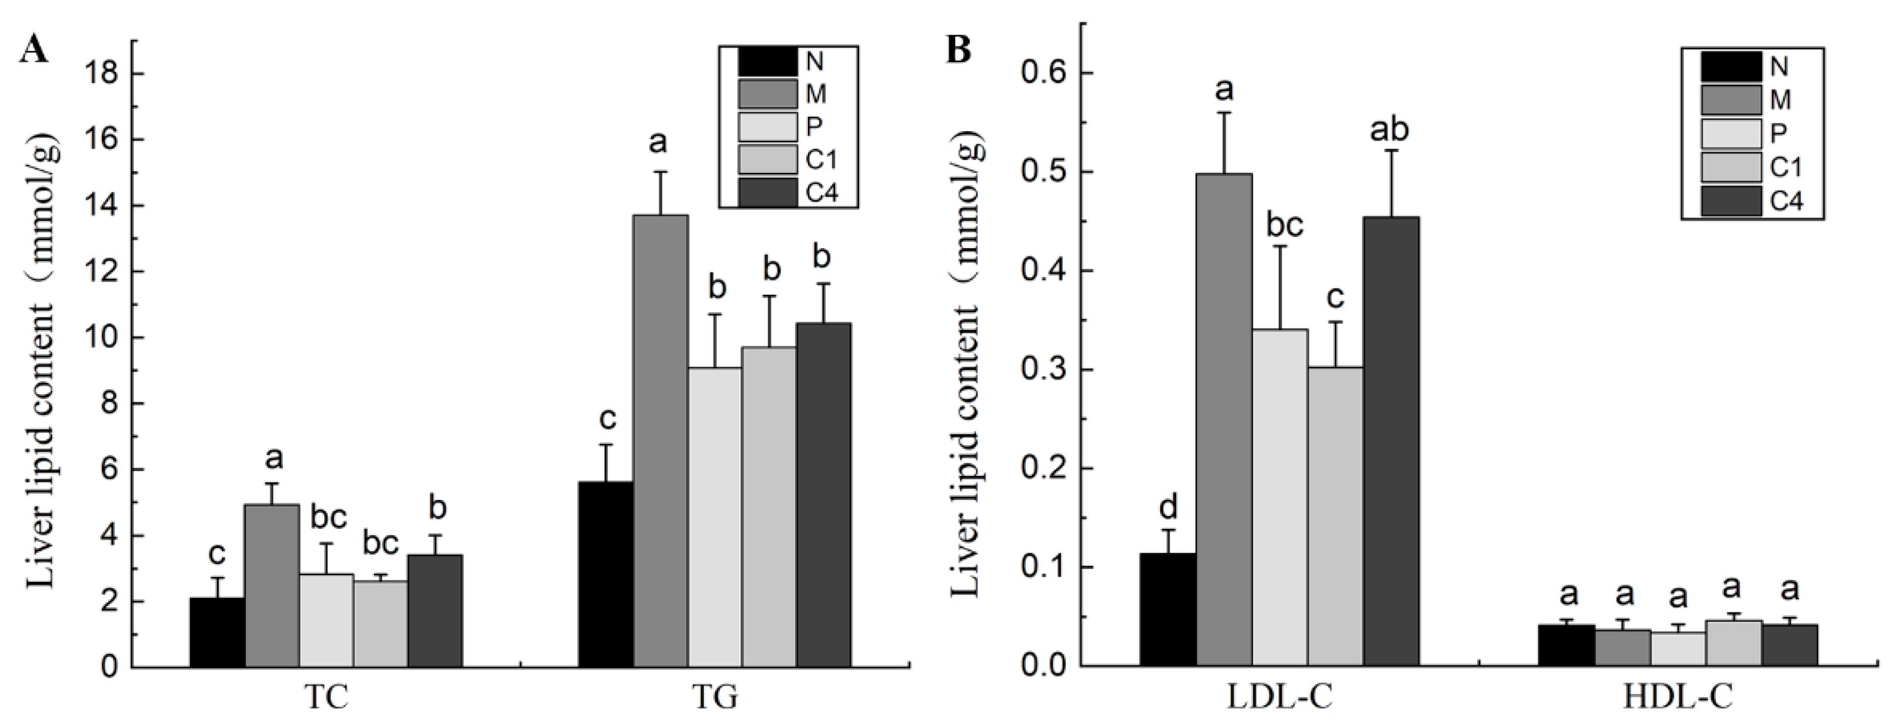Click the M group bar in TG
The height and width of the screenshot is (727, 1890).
pyautogui.click(x=660, y=440)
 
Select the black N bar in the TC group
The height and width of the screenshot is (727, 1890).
pyautogui.click(x=217, y=632)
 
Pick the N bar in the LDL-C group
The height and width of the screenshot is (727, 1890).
pyautogui.click(x=1168, y=609)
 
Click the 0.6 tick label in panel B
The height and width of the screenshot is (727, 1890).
pyautogui.click(x=1043, y=72)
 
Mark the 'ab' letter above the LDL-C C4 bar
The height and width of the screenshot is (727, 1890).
pyautogui.click(x=1390, y=130)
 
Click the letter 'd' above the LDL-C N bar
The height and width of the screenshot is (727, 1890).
pyautogui.click(x=1168, y=506)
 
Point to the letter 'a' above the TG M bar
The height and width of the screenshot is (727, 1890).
pyautogui.click(x=658, y=142)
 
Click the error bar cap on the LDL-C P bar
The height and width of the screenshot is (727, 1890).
pyautogui.click(x=1280, y=246)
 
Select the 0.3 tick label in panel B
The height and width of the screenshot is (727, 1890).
pyautogui.click(x=1043, y=370)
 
